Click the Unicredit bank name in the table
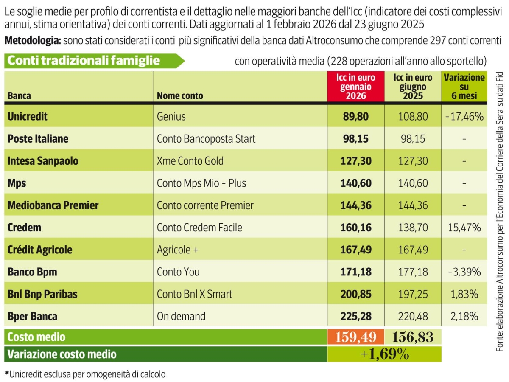[28, 116]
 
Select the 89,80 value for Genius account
[356, 116]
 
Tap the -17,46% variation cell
[464, 116]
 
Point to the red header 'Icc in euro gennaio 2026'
[356, 87]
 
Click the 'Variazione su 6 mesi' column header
[464, 87]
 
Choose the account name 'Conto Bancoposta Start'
[206, 138]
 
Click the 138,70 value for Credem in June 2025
[413, 228]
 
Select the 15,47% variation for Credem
[464, 228]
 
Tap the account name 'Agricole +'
[178, 250]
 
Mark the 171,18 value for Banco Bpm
[356, 272]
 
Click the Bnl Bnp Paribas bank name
[42, 294]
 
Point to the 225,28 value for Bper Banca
[356, 316]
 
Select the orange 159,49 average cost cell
[356, 337]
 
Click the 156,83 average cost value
[413, 337]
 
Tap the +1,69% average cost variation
[385, 354]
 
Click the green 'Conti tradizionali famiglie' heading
[84, 61]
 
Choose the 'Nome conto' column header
[180, 95]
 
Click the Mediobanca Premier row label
[53, 205]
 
